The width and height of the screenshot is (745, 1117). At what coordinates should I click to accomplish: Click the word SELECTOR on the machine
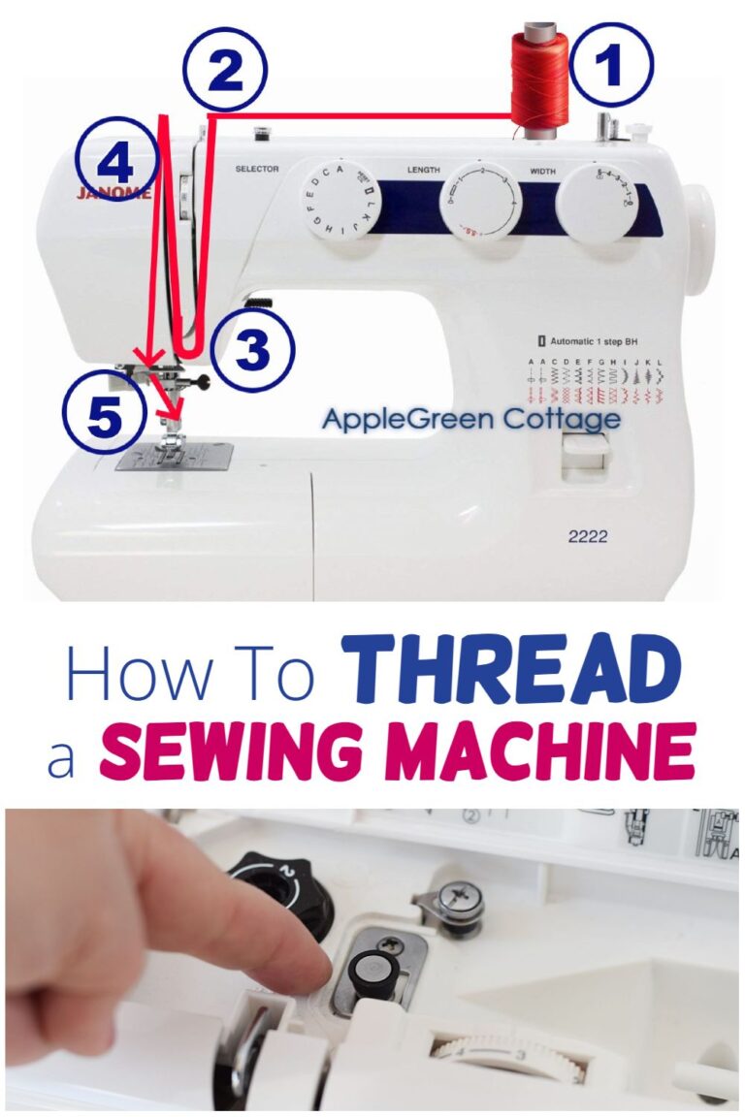pyautogui.click(x=257, y=170)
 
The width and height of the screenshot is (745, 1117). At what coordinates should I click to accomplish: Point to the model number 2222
pyautogui.click(x=589, y=535)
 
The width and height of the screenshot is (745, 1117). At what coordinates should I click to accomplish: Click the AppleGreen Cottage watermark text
pyautogui.click(x=470, y=420)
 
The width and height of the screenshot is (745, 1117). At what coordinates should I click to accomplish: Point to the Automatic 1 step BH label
pyautogui.click(x=594, y=342)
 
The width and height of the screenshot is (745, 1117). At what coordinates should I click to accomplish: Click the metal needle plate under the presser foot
pyautogui.click(x=175, y=456)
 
